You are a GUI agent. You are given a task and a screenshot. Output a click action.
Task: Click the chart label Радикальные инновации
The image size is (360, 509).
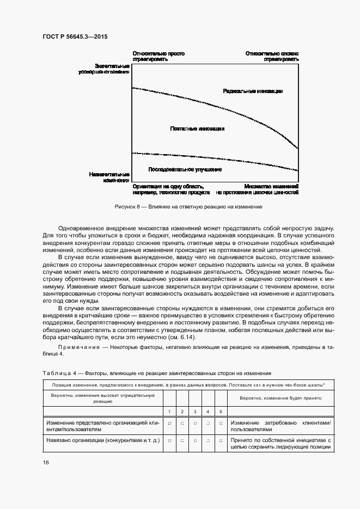tap(253, 91)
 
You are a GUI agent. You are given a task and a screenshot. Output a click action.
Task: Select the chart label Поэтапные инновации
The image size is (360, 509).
tap(197, 129)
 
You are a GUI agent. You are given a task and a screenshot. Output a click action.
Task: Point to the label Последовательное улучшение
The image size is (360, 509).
tap(185, 169)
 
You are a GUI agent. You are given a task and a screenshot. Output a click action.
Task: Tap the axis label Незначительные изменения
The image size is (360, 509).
tap(109, 177)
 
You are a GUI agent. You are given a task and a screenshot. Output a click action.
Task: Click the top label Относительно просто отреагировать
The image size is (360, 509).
tap(158, 56)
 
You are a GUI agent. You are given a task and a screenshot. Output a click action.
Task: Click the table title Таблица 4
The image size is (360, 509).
tap(57, 373)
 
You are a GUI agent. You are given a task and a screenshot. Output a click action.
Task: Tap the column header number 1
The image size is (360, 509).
tap(169, 411)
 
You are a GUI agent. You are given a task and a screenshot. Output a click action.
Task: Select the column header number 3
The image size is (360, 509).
tap(195, 411)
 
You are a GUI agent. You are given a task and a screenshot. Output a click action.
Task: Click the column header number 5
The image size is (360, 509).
tap(221, 411)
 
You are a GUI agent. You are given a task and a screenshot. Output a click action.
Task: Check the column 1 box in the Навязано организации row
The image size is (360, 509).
tap(169, 440)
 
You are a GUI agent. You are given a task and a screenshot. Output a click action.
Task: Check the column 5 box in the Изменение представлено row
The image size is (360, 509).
tap(221, 423)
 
